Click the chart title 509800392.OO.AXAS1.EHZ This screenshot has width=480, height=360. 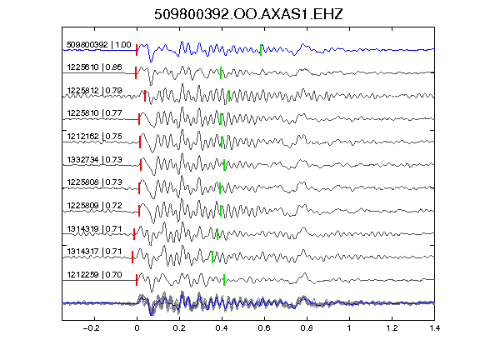tap(248, 14)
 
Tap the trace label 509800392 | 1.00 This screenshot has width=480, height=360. tap(99, 45)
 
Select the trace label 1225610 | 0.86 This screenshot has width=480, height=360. tap(95, 67)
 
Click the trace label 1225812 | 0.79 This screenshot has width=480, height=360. tap(95, 91)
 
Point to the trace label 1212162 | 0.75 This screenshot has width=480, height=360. tap(95, 136)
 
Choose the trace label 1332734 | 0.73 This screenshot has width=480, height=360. tap(95, 159)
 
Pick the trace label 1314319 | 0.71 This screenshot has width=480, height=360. tap(95, 228)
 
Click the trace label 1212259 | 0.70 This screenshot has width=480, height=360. tap(95, 275)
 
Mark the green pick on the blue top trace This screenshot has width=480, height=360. tap(261, 50)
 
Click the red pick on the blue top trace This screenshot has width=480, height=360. tap(137, 50)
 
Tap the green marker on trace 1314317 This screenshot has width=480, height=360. tap(212, 257)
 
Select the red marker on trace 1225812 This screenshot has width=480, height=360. tap(145, 96)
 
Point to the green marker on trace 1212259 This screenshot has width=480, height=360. tap(224, 280)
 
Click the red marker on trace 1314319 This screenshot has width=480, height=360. tap(134, 234)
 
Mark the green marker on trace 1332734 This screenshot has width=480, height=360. tap(224, 165)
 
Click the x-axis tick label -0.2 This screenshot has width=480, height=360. tap(91, 328)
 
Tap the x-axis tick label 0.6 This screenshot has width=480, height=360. tap(264, 328)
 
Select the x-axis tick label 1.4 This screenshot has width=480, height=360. tap(434, 328)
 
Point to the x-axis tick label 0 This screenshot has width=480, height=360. tap(137, 328)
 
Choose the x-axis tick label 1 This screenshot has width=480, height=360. tap(349, 328)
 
